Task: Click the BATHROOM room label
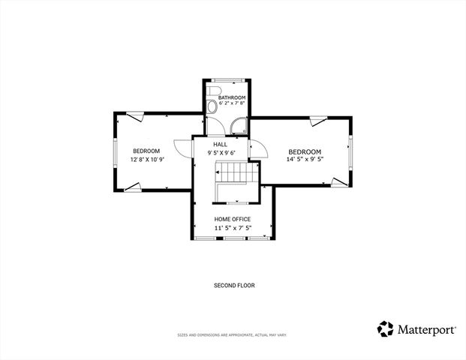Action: click(232, 98)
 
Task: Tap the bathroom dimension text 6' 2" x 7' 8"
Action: click(232, 106)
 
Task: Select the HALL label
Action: click(220, 145)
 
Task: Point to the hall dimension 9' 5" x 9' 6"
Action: click(221, 153)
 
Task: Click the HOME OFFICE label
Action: click(233, 219)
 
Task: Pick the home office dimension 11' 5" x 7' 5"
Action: click(233, 228)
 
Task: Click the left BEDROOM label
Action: click(146, 151)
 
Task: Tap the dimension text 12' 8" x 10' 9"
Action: click(147, 159)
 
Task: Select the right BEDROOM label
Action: click(305, 151)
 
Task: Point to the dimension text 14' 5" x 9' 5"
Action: click(305, 159)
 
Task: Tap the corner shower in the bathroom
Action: click(239, 127)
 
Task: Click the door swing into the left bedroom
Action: click(182, 148)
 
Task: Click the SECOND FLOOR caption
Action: click(233, 286)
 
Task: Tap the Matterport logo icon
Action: click(385, 328)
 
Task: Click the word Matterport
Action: click(426, 328)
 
